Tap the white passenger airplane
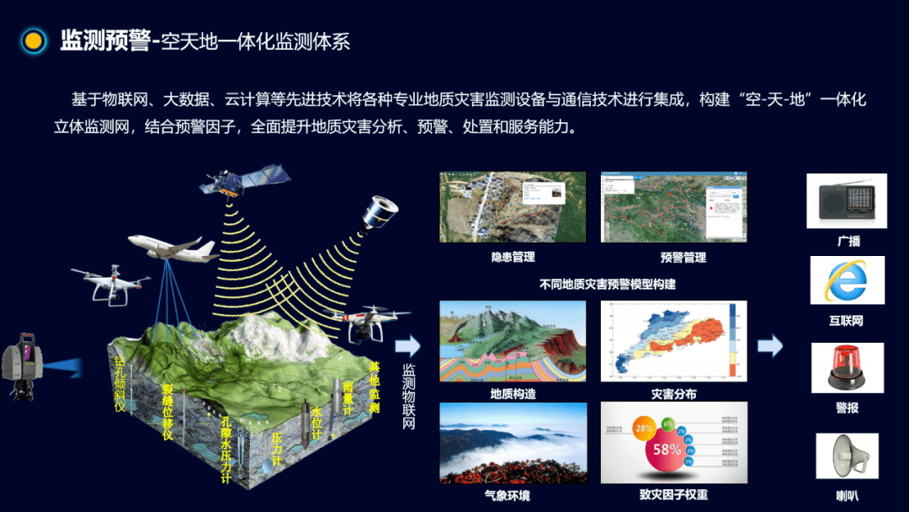point(173,246)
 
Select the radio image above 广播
point(846,200)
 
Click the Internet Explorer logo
point(846,280)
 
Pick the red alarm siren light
point(847,369)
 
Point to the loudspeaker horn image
point(847,456)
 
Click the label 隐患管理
point(513,257)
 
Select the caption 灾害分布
point(673,394)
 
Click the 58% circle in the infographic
point(667,450)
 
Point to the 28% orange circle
point(644,428)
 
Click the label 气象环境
point(508,496)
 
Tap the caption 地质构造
point(513,394)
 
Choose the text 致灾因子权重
point(673,495)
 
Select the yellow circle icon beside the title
point(34,40)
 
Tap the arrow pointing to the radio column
point(769,345)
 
